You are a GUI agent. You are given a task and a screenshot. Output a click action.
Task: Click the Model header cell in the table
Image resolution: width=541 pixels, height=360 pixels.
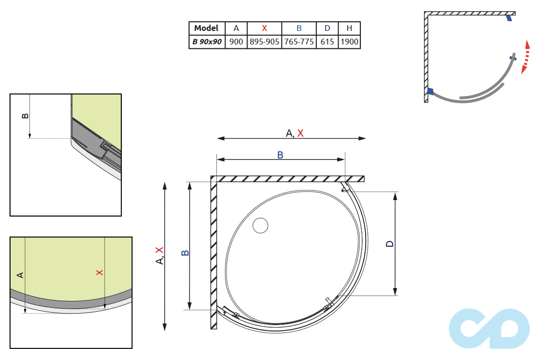point(207,28)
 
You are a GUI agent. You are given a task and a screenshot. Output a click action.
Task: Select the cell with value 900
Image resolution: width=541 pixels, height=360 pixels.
point(236,42)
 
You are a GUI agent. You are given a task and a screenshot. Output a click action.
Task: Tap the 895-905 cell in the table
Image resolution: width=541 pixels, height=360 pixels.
point(264,42)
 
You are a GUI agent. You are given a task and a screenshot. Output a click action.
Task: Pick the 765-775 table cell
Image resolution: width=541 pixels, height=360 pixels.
point(299,42)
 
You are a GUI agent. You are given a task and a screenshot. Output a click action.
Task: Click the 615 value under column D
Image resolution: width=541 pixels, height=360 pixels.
point(327,42)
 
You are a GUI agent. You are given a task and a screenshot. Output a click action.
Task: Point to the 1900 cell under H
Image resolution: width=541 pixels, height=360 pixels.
point(349,42)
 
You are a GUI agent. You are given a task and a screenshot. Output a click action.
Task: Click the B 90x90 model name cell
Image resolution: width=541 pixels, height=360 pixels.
point(207,42)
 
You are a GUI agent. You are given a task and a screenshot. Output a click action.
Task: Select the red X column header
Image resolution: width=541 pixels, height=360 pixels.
point(264,29)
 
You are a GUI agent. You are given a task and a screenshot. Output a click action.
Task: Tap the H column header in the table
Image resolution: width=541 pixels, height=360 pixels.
point(349,29)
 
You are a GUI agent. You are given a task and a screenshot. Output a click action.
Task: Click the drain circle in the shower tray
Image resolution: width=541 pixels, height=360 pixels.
point(260,226)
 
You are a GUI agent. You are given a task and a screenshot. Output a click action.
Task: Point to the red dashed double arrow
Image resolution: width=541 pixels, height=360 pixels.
point(526,57)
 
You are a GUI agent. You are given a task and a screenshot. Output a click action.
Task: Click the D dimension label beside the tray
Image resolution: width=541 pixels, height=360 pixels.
point(389,244)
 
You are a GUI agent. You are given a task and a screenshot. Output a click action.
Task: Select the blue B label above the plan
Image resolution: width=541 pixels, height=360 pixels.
point(280,155)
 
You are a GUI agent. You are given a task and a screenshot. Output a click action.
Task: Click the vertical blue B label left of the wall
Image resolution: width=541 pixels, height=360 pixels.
point(185,253)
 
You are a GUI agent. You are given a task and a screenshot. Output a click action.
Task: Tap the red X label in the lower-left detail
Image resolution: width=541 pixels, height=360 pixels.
point(100,273)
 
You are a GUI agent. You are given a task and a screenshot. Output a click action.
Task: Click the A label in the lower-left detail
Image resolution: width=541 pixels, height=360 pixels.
point(20,275)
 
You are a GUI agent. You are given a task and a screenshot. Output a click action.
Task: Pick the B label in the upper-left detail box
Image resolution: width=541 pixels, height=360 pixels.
point(25,116)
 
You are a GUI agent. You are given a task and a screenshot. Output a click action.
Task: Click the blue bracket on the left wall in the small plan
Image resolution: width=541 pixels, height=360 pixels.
point(430,91)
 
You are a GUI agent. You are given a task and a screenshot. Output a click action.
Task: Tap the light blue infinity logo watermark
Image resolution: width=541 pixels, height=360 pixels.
point(489,328)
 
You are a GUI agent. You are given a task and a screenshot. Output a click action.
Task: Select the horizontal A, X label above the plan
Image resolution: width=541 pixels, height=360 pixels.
point(295,133)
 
